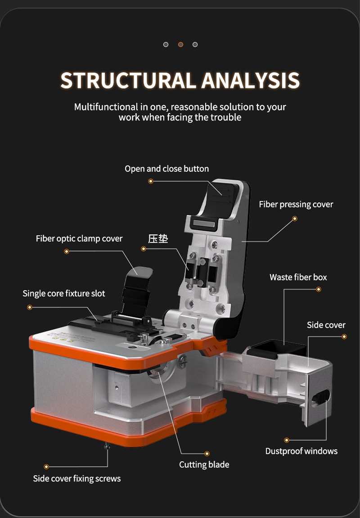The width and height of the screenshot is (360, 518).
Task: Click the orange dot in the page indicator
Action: [180, 44]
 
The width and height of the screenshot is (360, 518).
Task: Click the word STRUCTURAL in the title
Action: [128, 81]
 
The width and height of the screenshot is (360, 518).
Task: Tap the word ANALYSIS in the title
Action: [251, 81]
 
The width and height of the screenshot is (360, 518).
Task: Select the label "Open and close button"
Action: [166, 169]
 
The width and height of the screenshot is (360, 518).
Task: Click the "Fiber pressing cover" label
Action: [296, 204]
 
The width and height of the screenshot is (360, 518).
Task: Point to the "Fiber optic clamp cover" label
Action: [79, 239]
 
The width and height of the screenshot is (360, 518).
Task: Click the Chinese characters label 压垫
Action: [158, 239]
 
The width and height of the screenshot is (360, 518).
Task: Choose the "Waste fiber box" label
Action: [298, 277]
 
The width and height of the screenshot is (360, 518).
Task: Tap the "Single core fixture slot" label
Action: [64, 293]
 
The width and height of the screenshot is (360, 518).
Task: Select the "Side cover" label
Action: [326, 325]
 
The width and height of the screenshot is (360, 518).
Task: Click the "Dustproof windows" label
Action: [301, 451]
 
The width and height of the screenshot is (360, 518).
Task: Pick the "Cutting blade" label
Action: [204, 465]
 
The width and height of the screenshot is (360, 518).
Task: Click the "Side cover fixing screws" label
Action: [77, 479]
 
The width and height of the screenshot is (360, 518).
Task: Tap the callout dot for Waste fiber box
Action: [319, 289]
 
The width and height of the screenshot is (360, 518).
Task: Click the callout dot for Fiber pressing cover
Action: [295, 219]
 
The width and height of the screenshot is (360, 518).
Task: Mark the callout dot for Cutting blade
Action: [207, 454]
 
